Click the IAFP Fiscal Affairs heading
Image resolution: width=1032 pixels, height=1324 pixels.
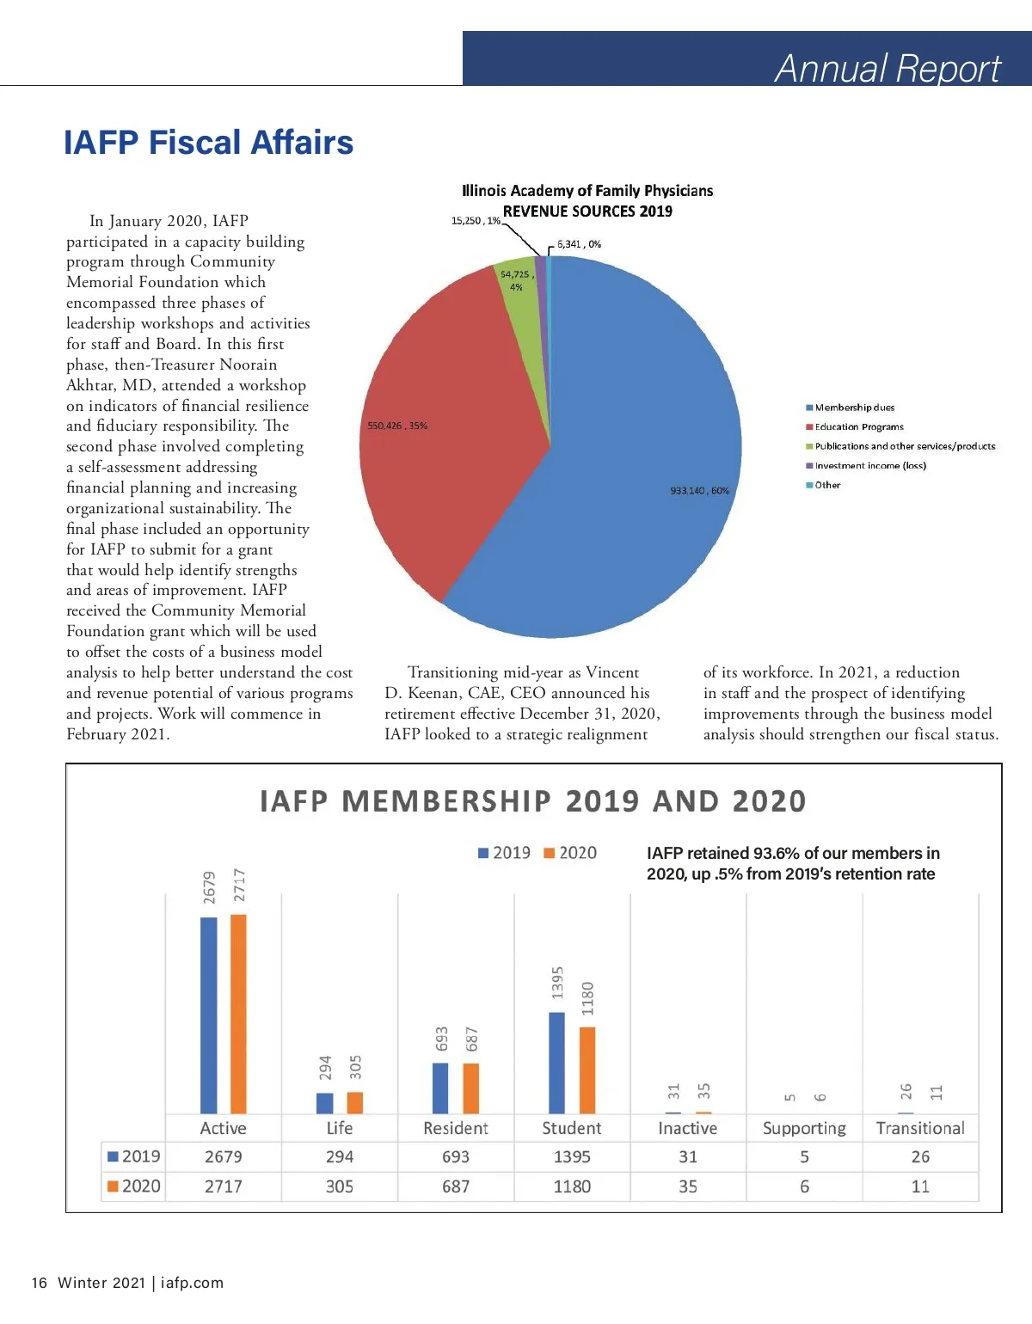pos(208,143)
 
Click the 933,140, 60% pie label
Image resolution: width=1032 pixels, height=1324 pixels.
pos(699,491)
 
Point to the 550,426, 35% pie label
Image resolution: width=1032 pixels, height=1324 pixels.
pos(397,426)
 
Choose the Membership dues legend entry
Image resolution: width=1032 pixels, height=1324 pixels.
pos(854,408)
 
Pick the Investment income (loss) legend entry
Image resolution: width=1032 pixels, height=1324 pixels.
pos(870,465)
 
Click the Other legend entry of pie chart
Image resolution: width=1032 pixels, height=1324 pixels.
pos(827,485)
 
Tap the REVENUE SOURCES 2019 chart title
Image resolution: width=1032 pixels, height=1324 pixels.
pos(587,211)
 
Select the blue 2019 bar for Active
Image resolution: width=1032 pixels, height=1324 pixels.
pos(209,1014)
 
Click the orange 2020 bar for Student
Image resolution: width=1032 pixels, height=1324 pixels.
pos(587,1070)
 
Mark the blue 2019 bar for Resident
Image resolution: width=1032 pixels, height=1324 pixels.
pos(440,1088)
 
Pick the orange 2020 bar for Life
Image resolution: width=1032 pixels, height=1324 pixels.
pos(355,1102)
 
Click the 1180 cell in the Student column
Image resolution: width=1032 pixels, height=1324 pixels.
pos(572,1186)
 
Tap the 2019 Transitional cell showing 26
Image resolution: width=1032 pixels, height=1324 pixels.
pos(920,1157)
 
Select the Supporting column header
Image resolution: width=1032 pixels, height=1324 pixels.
pos(804,1128)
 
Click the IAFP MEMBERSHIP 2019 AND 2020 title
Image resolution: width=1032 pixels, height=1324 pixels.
pos(533,801)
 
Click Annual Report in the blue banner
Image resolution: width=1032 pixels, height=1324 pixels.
pos(888,68)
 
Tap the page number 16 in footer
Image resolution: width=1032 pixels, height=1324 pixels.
pos(39,1283)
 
